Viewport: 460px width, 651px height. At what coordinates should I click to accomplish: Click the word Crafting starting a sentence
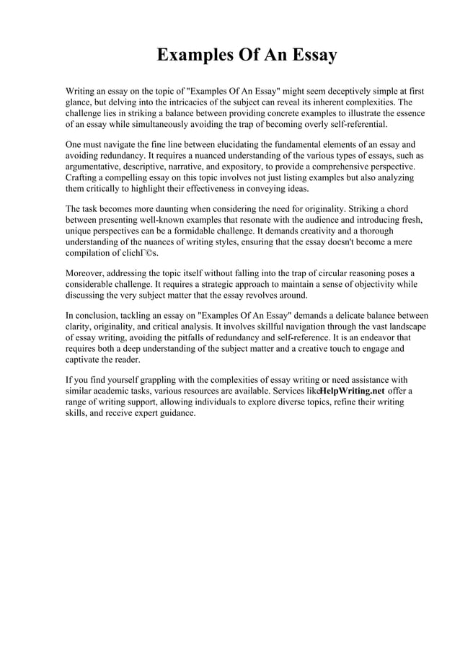point(84,177)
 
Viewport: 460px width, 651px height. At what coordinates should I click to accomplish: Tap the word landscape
point(401,327)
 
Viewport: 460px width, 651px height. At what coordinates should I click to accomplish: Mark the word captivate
point(84,359)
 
